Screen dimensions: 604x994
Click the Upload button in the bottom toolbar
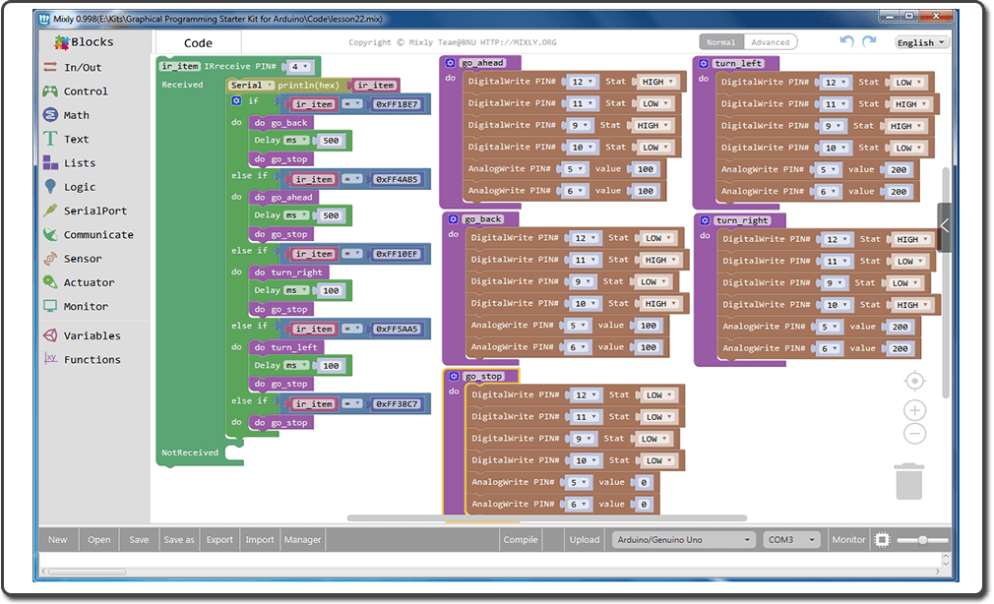click(x=584, y=539)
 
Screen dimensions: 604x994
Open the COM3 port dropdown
click(x=792, y=539)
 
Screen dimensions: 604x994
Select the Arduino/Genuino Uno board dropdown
click(x=682, y=539)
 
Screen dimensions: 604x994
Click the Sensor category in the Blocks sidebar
click(x=83, y=259)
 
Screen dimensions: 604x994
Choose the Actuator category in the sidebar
click(x=89, y=282)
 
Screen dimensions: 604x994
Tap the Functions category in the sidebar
click(x=92, y=359)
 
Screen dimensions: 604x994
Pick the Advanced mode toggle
click(x=770, y=42)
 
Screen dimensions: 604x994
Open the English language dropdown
click(x=921, y=42)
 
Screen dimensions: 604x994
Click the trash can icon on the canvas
click(x=909, y=481)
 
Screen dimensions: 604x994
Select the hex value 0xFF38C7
click(x=397, y=404)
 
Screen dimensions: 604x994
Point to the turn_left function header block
click(x=738, y=64)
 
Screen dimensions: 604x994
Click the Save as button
click(x=178, y=539)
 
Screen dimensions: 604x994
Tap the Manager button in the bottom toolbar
click(x=302, y=539)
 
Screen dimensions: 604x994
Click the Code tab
click(x=198, y=43)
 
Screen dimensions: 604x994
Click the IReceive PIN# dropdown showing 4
click(x=299, y=67)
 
